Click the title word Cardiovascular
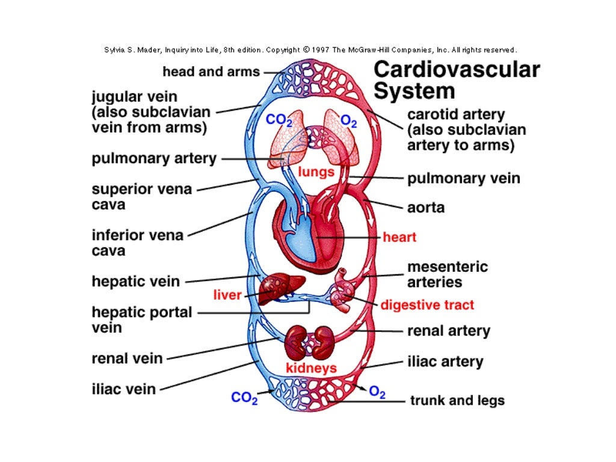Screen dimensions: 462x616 [x=457, y=70]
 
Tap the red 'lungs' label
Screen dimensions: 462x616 [x=316, y=172]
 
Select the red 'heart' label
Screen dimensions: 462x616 [x=399, y=237]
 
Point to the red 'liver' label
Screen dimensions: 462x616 [x=227, y=295]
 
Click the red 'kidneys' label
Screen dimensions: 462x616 [x=310, y=368]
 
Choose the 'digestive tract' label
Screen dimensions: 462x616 [x=427, y=304]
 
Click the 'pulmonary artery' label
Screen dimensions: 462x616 [x=154, y=159]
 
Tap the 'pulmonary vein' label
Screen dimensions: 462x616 [x=464, y=178]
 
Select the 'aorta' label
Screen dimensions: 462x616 [x=426, y=208]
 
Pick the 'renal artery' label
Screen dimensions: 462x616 [x=449, y=331]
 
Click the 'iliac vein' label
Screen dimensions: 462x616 [x=123, y=389]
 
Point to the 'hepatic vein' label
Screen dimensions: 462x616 [x=135, y=281]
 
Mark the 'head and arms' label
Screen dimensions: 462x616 [x=211, y=72]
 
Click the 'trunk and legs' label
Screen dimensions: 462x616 [x=457, y=400]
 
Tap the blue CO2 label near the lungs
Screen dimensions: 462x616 [x=279, y=120]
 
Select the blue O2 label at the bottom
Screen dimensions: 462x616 [x=377, y=392]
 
